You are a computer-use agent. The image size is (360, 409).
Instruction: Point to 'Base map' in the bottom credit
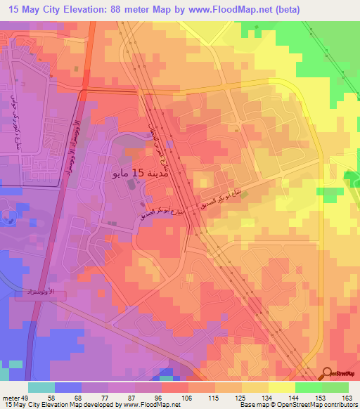tap(253, 405)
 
